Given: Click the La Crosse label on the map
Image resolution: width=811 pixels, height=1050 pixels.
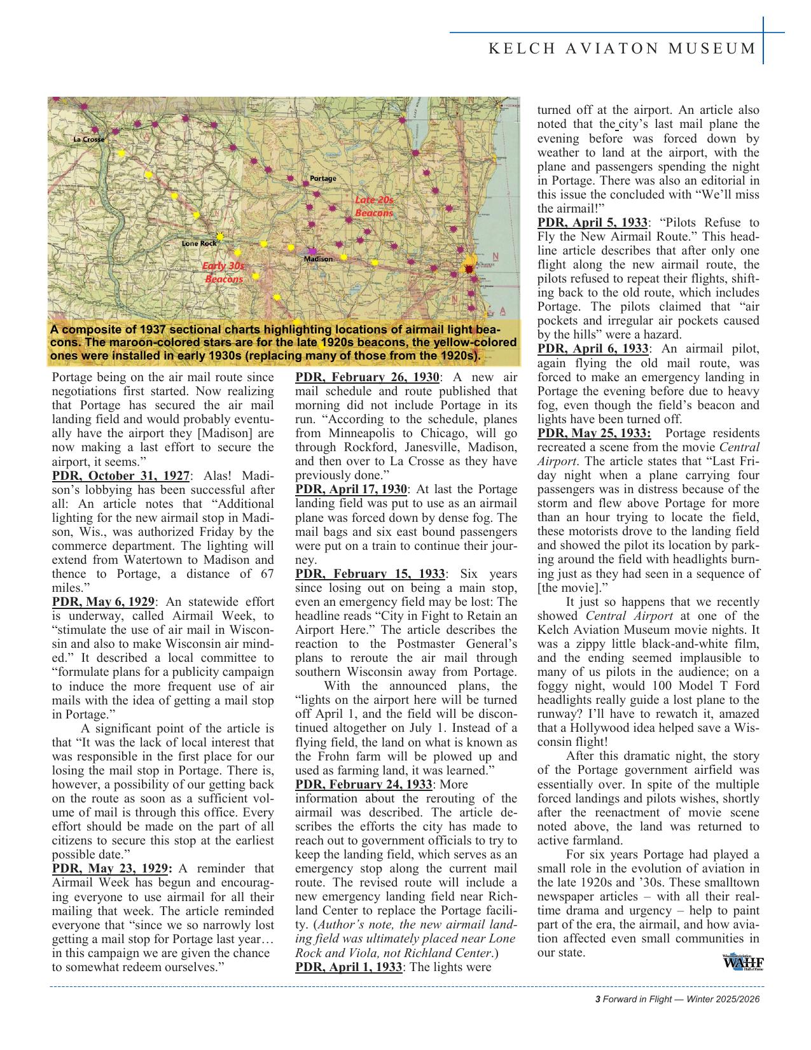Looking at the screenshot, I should click(x=88, y=139).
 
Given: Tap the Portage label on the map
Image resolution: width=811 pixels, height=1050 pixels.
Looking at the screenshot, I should click(x=322, y=178).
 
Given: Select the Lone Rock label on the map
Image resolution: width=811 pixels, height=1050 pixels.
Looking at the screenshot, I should click(x=198, y=243).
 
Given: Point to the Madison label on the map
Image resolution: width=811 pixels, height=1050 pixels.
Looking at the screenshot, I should click(x=317, y=259).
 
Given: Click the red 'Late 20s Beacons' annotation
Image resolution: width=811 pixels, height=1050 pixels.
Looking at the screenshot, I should click(x=374, y=207).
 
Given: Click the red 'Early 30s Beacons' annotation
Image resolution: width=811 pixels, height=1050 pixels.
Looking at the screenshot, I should click(x=223, y=272).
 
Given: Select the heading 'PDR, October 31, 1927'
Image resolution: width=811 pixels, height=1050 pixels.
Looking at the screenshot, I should click(x=120, y=476).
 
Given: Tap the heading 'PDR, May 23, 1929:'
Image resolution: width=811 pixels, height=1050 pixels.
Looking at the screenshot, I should click(x=112, y=869).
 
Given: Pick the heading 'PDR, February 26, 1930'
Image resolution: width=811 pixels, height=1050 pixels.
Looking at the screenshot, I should click(x=367, y=377).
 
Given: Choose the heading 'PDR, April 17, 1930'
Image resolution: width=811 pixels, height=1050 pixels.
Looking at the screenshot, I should click(x=351, y=489).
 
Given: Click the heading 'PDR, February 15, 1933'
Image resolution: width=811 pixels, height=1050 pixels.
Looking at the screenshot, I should click(x=370, y=573).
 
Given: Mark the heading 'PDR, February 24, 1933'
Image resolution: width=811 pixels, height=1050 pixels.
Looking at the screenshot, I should click(x=364, y=784).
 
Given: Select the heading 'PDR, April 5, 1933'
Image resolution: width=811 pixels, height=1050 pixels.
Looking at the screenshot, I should click(x=592, y=223).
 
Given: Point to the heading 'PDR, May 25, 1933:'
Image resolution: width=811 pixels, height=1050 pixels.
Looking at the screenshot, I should click(x=594, y=433).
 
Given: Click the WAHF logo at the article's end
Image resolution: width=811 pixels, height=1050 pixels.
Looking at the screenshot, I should click(x=742, y=962).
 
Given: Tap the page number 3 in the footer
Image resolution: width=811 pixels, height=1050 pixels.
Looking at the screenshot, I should click(x=597, y=1000).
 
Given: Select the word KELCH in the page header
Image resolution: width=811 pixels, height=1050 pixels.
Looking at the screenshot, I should click(x=516, y=48).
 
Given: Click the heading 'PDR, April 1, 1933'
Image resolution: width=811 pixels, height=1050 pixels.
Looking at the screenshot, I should click(x=348, y=967).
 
